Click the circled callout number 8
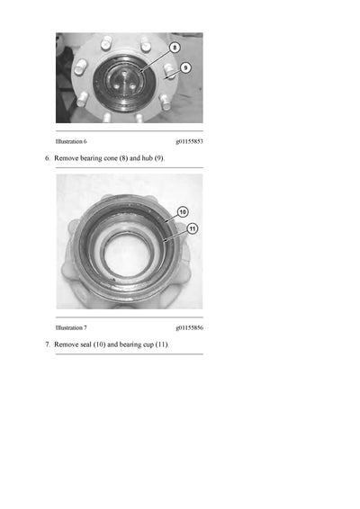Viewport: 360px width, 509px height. [175, 47]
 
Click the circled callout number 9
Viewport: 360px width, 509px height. [185, 67]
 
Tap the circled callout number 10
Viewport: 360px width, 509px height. [183, 212]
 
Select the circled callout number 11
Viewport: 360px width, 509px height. [191, 228]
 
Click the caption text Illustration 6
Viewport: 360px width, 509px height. [71, 142]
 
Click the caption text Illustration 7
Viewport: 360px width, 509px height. [71, 328]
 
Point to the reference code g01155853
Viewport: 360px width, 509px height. [189, 142]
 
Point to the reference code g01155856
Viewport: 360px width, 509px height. [189, 328]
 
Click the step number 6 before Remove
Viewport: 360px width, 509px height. [47, 158]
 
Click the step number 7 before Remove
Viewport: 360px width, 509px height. [47, 344]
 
